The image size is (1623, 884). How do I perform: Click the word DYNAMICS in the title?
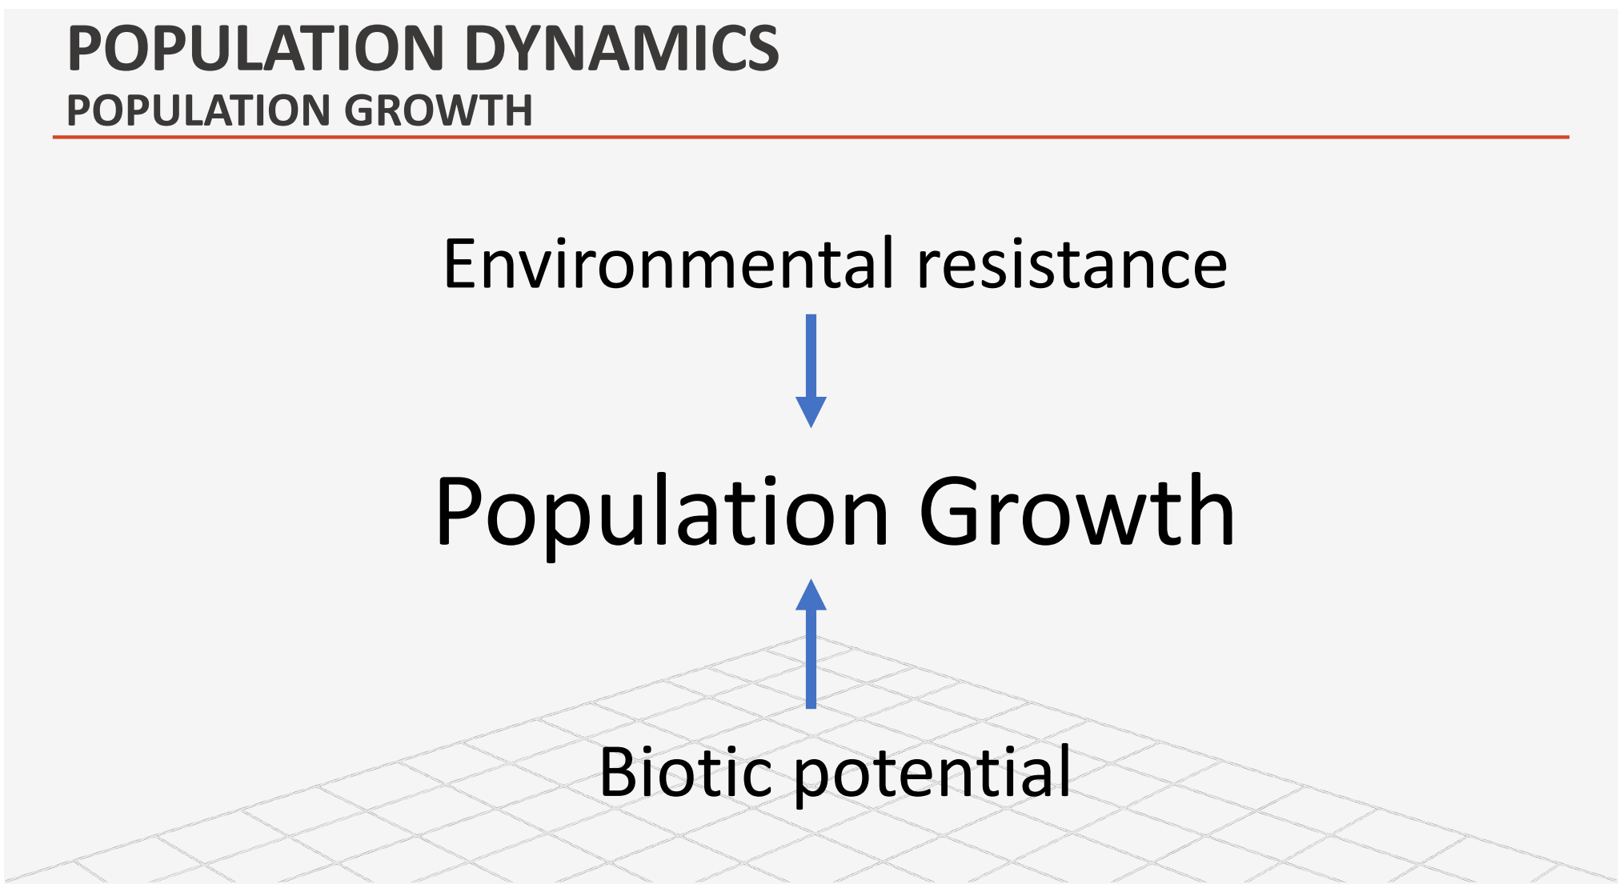tap(621, 48)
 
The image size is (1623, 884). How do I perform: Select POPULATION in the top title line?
tap(256, 48)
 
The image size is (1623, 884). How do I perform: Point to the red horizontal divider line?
tap(811, 138)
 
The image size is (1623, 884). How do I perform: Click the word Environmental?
tap(669, 263)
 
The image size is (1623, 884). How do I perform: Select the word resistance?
tap(1072, 263)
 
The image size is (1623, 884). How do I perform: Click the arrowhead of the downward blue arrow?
tap(811, 412)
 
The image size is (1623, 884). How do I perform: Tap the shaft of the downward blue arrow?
tap(811, 356)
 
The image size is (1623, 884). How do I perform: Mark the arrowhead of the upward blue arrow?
tap(811, 594)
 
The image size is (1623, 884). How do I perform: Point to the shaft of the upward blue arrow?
tap(811, 658)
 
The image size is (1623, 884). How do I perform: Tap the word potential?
tap(932, 774)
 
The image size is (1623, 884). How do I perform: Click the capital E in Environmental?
tap(460, 264)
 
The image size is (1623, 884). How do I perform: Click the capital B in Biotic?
tap(619, 773)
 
